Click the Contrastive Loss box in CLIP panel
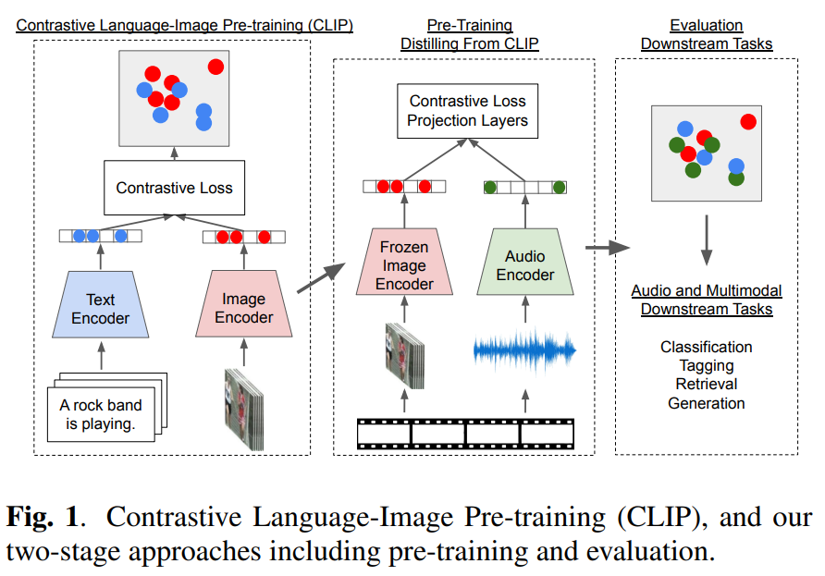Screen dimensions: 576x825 [174, 188]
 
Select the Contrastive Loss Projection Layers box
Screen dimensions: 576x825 [468, 111]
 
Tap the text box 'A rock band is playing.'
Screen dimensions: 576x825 [103, 411]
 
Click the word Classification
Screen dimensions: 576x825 [706, 347]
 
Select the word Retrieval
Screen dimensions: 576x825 [706, 384]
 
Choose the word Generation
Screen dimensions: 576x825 [706, 402]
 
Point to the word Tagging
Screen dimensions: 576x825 [706, 365]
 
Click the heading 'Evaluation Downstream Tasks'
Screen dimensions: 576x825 [706, 34]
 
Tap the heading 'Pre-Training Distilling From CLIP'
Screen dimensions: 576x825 [469, 34]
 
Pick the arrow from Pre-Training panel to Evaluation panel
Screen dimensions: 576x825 [607, 247]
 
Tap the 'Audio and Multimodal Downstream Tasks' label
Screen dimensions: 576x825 [706, 300]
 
